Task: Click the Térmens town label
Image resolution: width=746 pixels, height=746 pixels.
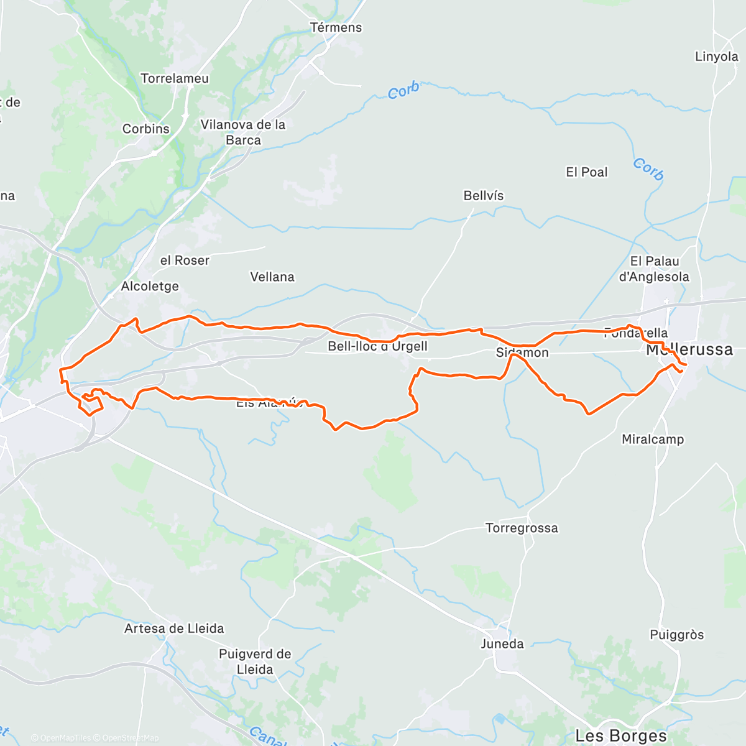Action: (336, 27)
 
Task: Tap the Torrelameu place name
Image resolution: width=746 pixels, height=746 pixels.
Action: (175, 78)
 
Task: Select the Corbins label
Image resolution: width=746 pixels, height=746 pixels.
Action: (146, 129)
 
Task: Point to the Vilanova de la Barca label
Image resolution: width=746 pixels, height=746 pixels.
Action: (243, 132)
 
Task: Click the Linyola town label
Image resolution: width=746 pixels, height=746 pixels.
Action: (716, 57)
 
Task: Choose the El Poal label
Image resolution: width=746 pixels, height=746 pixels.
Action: (586, 172)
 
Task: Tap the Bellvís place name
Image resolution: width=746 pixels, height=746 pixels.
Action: (484, 196)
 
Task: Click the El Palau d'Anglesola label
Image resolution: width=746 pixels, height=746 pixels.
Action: (654, 269)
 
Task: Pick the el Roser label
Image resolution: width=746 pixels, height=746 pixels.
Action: (185, 260)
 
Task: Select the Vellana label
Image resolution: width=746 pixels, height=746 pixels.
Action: (272, 277)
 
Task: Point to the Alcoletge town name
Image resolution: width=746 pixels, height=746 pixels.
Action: (150, 286)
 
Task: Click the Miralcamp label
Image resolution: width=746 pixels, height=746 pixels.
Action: (653, 440)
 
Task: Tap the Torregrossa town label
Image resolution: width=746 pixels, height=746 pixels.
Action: (522, 528)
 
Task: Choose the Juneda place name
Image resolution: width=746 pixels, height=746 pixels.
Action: (502, 643)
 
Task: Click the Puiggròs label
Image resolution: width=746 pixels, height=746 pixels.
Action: (676, 635)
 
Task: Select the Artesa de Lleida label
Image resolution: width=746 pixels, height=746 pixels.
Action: (174, 629)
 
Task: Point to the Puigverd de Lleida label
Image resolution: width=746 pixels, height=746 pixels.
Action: (255, 661)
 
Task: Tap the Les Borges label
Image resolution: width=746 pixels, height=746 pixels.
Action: (621, 736)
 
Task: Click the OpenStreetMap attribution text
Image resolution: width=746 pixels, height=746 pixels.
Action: (131, 738)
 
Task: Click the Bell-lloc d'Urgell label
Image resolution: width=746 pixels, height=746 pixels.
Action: (377, 346)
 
